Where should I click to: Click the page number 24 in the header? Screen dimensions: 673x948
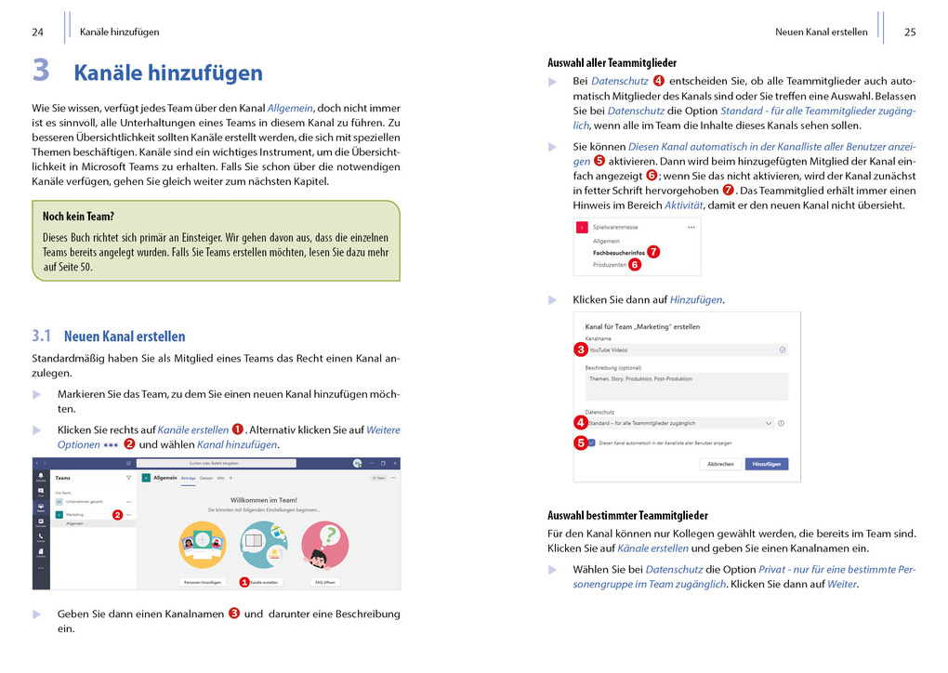point(38,32)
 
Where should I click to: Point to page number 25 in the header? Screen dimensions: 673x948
point(909,32)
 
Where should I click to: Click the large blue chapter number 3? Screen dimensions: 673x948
point(41,71)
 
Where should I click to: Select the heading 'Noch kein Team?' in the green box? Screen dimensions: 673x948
point(78,217)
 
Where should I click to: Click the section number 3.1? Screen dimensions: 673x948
point(41,336)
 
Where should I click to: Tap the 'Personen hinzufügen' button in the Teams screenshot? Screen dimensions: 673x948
point(202,582)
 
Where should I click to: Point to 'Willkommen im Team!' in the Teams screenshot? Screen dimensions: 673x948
point(263,500)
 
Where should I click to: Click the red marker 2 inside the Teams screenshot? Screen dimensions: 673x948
point(118,514)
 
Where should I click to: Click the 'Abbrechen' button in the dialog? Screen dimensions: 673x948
point(720,463)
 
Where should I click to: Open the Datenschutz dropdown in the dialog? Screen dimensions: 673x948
point(679,423)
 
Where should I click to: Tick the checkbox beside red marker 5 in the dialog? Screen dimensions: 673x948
point(593,442)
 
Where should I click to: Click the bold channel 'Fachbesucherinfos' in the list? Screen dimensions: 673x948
point(618,252)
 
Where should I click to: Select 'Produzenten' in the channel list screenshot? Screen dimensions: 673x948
point(610,265)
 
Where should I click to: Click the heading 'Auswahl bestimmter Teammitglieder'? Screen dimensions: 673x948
point(627,515)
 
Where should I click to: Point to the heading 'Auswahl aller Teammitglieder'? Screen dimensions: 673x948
point(612,63)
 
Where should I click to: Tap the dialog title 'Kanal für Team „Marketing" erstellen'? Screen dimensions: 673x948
point(642,327)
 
